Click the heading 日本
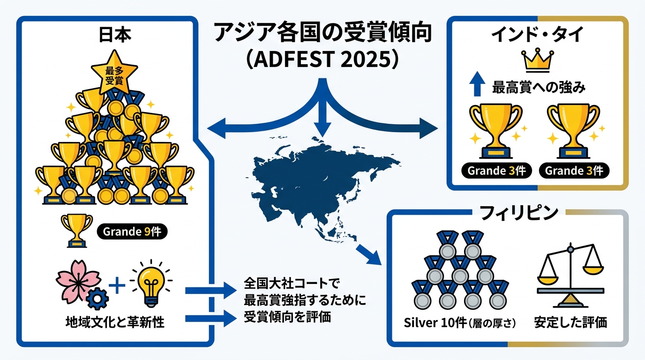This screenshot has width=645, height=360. click(x=115, y=35)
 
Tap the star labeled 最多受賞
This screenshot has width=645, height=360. click(x=114, y=73)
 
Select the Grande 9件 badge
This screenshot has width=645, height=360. click(x=132, y=232)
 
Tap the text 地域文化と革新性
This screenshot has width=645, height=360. click(x=115, y=322)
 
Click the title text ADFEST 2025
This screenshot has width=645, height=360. click(x=322, y=60)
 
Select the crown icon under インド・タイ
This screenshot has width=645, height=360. click(x=537, y=60)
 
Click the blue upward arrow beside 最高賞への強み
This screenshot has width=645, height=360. click(x=477, y=83)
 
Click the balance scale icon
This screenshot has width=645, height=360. click(x=570, y=276)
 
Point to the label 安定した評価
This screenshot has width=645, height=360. click(x=570, y=322)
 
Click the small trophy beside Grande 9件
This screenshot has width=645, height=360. click(x=77, y=231)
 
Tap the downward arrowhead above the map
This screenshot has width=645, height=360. click(x=322, y=129)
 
